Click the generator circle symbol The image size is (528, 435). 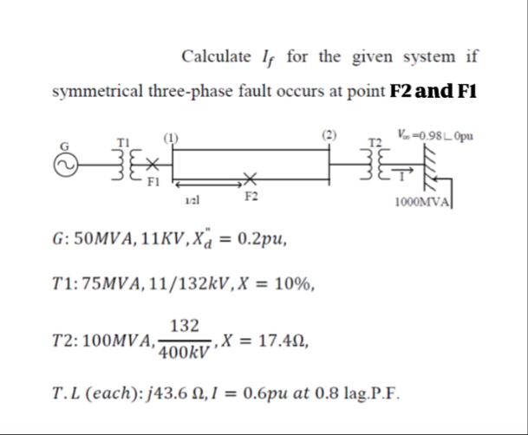point(62,166)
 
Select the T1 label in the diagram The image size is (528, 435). point(123,142)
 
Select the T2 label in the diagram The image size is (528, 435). point(375,141)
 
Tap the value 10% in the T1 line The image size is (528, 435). point(297,283)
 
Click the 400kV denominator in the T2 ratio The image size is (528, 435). point(185,354)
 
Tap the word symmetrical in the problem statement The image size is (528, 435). point(99,90)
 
